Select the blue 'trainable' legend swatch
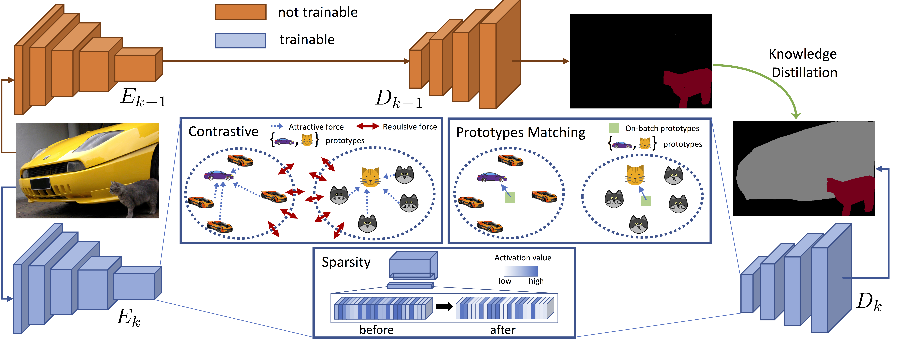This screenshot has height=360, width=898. (241, 40)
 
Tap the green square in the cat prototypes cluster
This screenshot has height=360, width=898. (646, 201)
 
